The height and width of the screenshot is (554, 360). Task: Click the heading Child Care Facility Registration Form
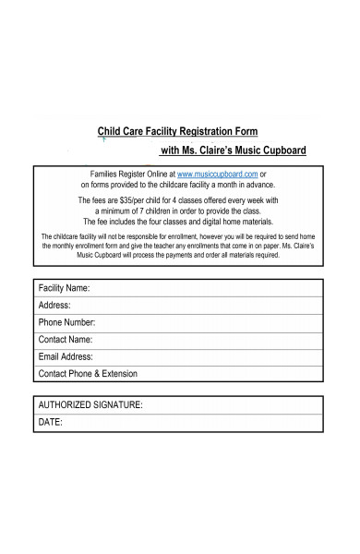(178, 131)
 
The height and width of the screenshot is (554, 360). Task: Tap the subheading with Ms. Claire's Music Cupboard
(234, 151)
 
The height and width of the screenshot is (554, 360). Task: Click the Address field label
(54, 306)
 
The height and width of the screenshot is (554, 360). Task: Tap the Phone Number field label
(66, 322)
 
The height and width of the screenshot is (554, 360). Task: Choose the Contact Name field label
(66, 340)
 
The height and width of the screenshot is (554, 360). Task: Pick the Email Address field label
(66, 356)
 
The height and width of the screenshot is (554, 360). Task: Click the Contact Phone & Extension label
(88, 374)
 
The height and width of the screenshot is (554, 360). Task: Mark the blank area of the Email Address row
(212, 356)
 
